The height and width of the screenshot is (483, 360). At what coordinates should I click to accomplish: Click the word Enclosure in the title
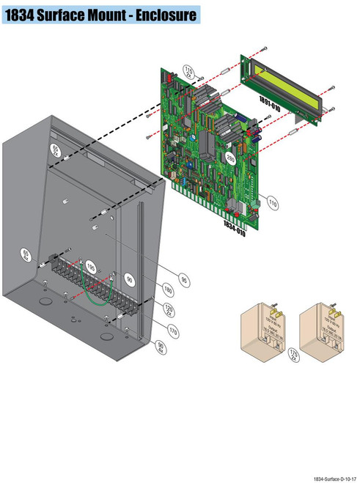coord(160,15)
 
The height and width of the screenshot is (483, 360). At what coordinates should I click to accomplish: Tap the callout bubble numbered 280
coord(230,158)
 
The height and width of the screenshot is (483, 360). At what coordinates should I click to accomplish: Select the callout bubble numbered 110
coord(273,201)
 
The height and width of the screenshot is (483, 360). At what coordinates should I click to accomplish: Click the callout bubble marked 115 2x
coord(188,73)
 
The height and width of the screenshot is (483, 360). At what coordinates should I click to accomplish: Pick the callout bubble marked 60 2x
coord(54,150)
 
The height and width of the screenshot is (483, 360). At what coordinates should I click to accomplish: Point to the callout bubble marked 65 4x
coord(26,256)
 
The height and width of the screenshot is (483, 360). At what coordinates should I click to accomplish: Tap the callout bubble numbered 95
coord(184,279)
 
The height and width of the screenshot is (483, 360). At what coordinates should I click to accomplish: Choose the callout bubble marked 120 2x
coord(168,309)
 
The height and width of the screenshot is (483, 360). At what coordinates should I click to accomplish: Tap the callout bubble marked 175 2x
coord(295,355)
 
